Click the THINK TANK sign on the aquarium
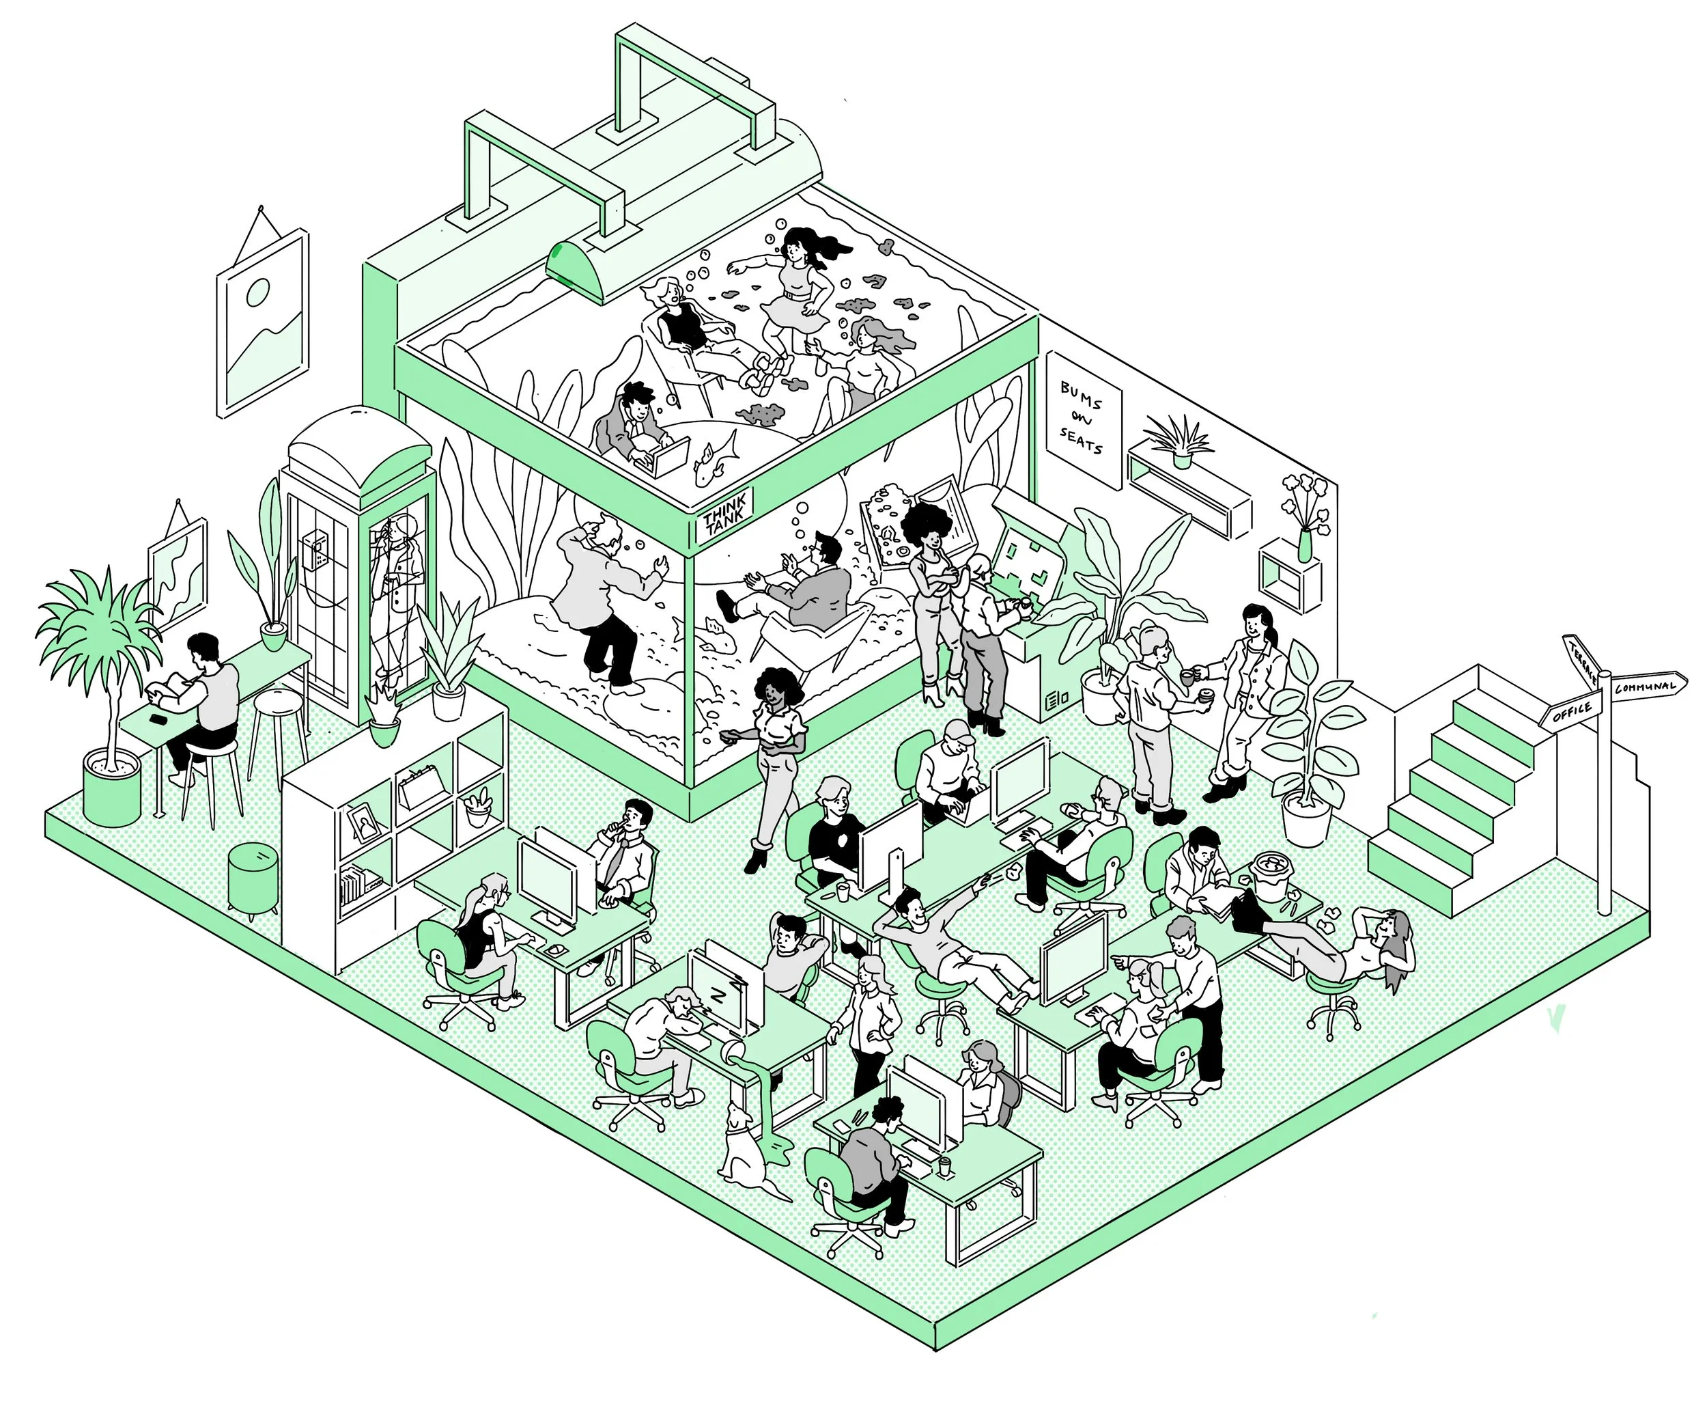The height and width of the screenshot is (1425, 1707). [x=724, y=516]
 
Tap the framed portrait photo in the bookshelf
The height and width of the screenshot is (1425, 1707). [x=363, y=823]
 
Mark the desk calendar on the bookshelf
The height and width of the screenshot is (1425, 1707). [x=421, y=786]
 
